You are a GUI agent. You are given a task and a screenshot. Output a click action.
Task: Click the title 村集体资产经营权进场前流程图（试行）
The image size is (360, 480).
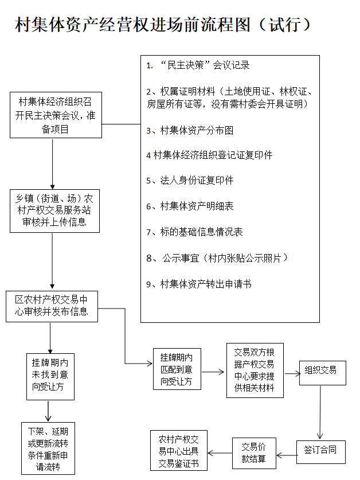pyautogui.click(x=163, y=25)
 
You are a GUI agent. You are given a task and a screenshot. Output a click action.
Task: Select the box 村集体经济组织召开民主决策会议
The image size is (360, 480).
pyautogui.click(x=56, y=115)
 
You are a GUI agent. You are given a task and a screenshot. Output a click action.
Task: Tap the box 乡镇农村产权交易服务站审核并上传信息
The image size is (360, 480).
pyautogui.click(x=54, y=210)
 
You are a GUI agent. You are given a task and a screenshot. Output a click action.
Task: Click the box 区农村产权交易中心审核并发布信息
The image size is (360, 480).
pyautogui.click(x=52, y=306)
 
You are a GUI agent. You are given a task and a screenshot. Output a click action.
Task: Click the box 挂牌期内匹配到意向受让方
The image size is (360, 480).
pyautogui.click(x=177, y=369)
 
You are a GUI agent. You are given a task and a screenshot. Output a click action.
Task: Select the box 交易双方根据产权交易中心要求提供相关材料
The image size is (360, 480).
pyautogui.click(x=255, y=369)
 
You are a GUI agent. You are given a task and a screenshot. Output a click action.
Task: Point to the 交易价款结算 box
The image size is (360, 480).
pyautogui.click(x=253, y=452)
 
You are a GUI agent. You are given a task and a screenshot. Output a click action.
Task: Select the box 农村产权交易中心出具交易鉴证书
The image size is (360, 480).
pyautogui.click(x=178, y=452)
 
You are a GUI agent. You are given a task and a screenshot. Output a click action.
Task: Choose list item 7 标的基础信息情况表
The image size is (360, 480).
pyautogui.click(x=194, y=232)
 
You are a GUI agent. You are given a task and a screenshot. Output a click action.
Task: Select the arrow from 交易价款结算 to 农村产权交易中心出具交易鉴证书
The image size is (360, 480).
pyautogui.click(x=220, y=452)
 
